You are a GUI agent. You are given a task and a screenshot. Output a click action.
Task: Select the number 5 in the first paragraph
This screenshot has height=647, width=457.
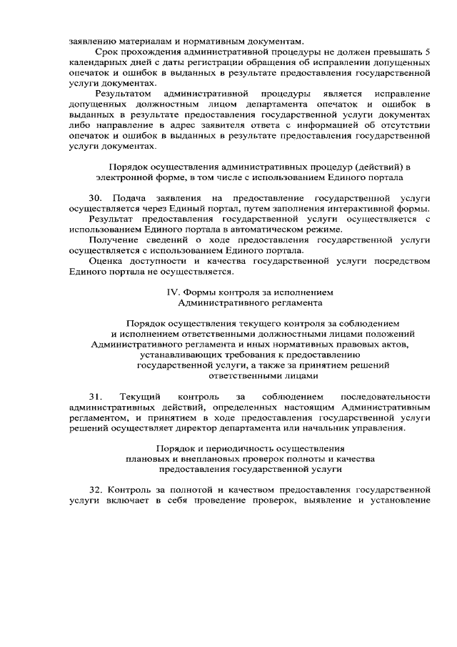click(x=427, y=52)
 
